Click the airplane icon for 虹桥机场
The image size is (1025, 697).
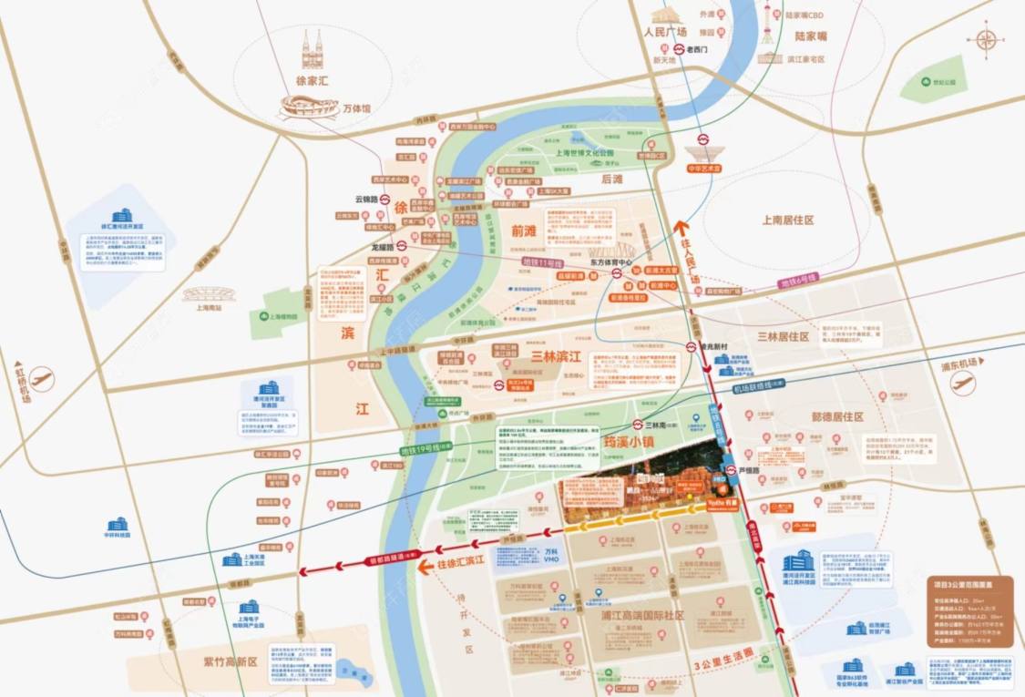(41, 378)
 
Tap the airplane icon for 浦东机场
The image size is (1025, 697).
(962, 384)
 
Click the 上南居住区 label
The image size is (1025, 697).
(787, 220)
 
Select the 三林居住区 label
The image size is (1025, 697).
(784, 336)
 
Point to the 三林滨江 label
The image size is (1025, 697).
(557, 356)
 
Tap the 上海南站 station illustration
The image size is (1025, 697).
(209, 295)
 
